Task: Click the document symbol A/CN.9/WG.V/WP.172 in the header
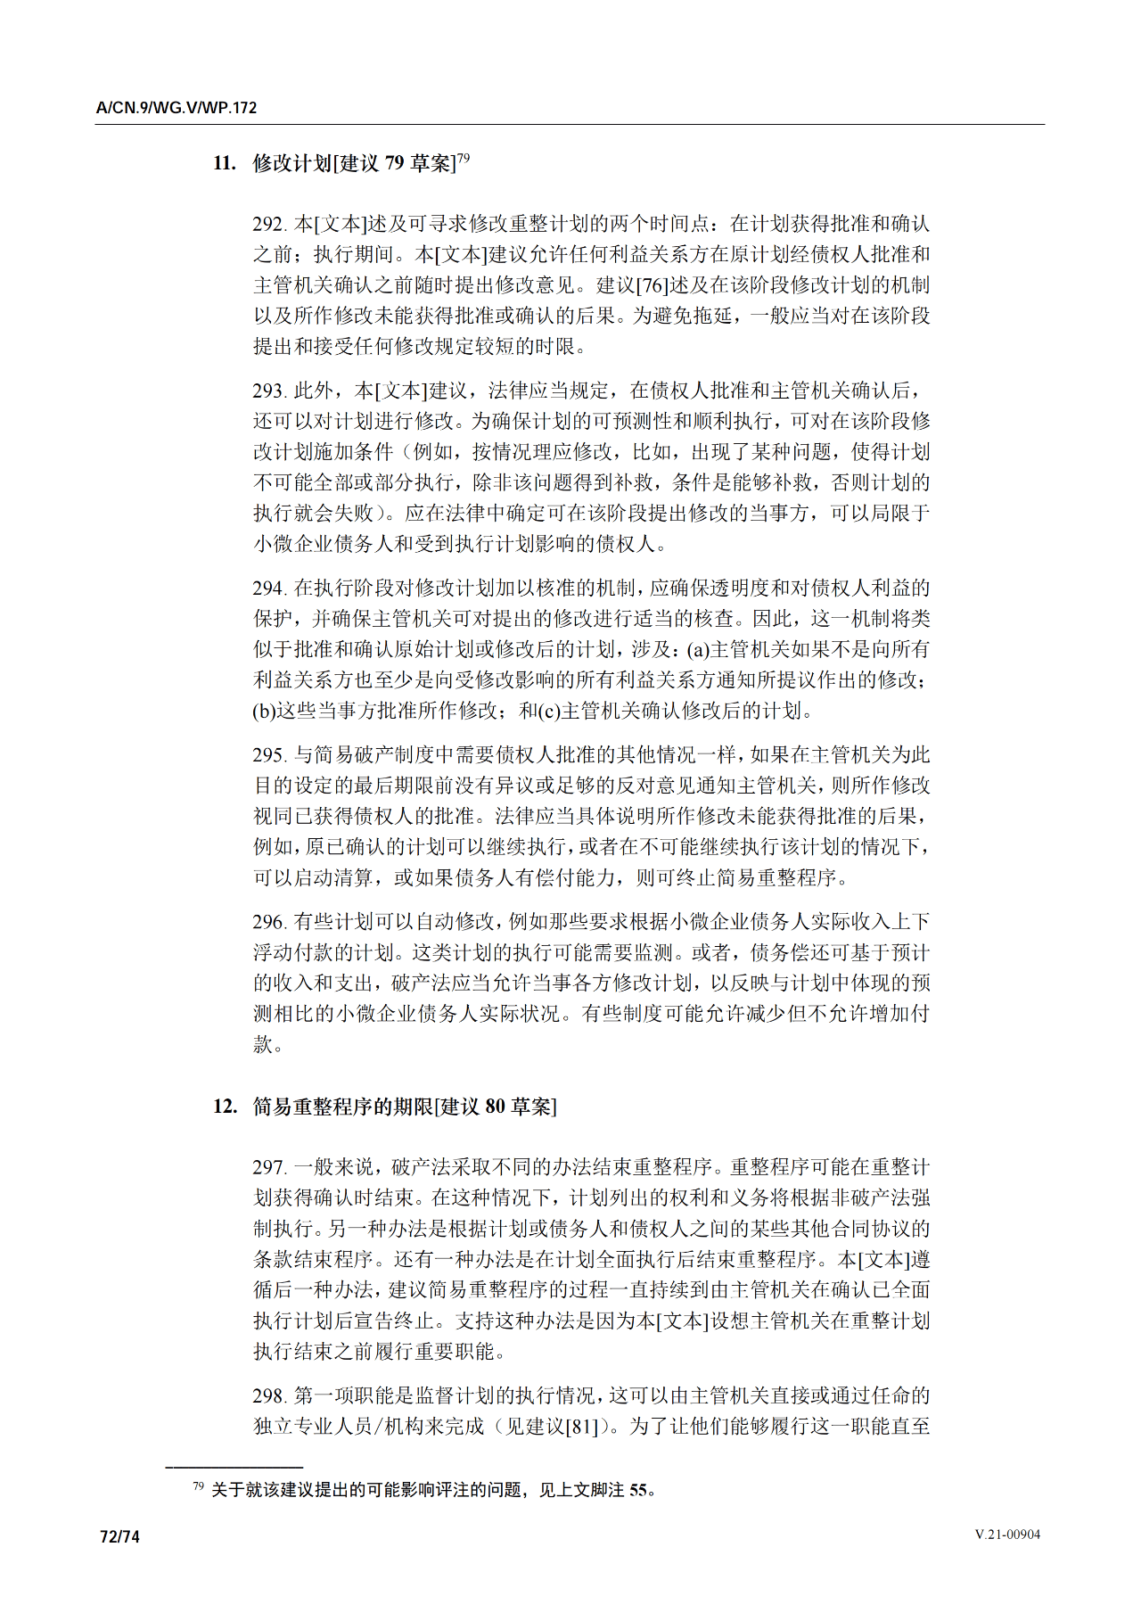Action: pyautogui.click(x=176, y=108)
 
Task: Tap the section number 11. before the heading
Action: pyautogui.click(x=224, y=163)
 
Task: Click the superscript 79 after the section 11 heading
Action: pyautogui.click(x=463, y=158)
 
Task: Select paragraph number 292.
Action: pyautogui.click(x=269, y=224)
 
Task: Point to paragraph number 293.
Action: pyautogui.click(x=269, y=391)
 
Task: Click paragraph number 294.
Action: pyautogui.click(x=269, y=588)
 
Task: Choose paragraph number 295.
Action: pyautogui.click(x=269, y=755)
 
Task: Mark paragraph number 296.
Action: pyautogui.click(x=269, y=922)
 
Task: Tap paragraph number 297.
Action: pyautogui.click(x=269, y=1167)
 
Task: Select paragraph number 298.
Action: pyautogui.click(x=269, y=1396)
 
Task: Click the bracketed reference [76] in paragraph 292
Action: pyautogui.click(x=652, y=285)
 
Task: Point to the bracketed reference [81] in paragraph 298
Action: pyautogui.click(x=582, y=1427)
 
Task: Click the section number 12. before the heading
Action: pyautogui.click(x=225, y=1107)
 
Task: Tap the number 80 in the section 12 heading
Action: pyautogui.click(x=495, y=1107)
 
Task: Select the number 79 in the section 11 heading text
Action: pyautogui.click(x=394, y=163)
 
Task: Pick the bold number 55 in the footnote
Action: pyautogui.click(x=638, y=1490)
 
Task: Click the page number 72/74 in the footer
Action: pyautogui.click(x=120, y=1537)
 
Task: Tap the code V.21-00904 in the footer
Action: pyautogui.click(x=1007, y=1535)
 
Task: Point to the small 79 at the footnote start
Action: pyautogui.click(x=198, y=1486)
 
